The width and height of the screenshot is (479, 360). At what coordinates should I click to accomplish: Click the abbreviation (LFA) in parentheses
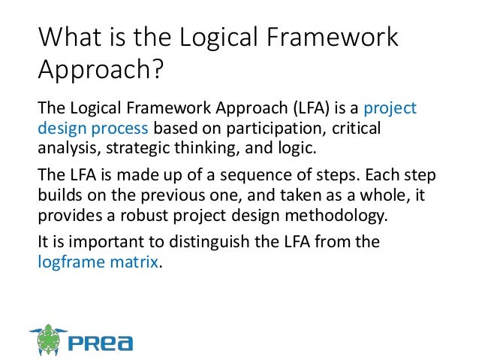[x=279, y=110]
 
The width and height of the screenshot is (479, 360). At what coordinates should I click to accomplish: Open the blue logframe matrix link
[x=98, y=262]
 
